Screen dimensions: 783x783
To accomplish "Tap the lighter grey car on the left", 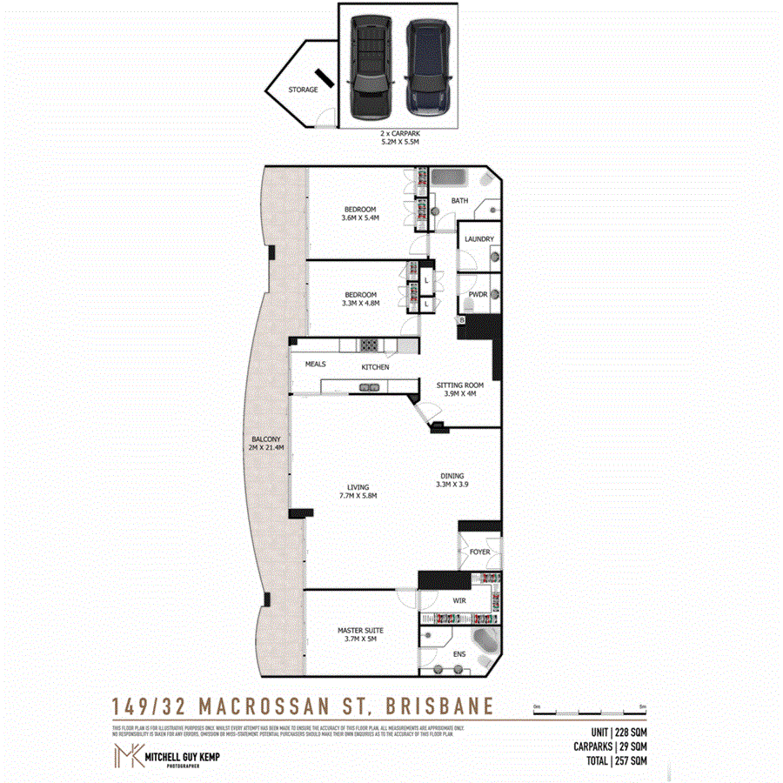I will (368, 66).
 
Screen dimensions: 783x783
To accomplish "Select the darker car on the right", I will (426, 66).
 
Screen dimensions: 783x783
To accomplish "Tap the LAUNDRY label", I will (479, 239).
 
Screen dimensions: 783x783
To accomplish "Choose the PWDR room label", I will (478, 294).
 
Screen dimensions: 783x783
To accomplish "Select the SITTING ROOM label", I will (459, 388).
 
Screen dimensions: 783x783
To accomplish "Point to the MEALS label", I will (315, 365).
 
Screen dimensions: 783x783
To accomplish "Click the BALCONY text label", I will (266, 443).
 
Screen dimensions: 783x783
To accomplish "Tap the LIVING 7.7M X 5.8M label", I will (358, 491).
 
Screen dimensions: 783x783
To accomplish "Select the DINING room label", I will (452, 480).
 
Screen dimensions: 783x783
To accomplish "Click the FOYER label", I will (479, 551).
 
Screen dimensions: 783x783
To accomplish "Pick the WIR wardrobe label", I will (459, 600).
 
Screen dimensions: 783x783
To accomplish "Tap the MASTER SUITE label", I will (360, 634).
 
